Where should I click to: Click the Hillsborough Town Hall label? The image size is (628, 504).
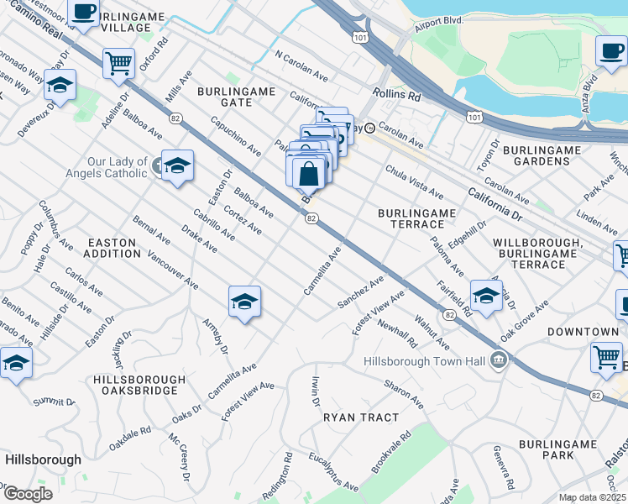[426, 361]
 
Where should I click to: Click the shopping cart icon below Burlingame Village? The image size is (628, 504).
[118, 62]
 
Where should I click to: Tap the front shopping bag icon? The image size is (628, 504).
[309, 174]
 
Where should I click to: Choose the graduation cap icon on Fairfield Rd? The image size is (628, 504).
[486, 294]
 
